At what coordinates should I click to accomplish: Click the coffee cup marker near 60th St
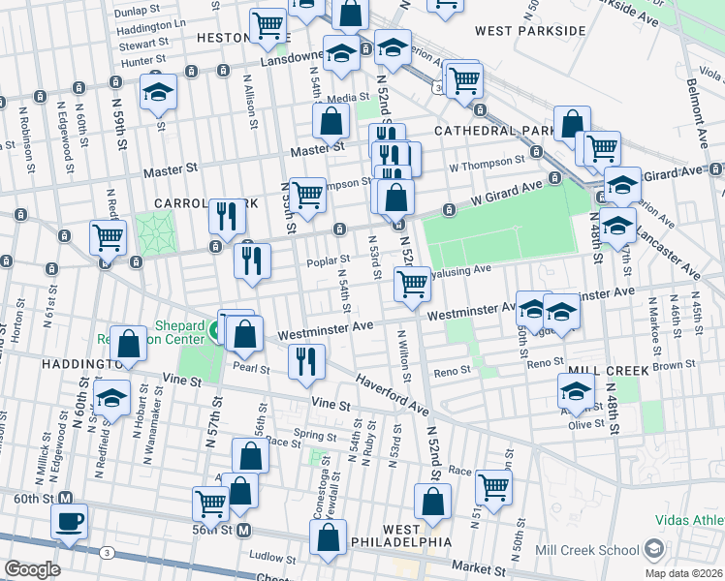[x=69, y=521]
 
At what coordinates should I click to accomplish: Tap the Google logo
[x=31, y=569]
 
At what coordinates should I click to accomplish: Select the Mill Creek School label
[x=594, y=550]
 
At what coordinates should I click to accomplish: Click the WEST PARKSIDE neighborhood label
[x=530, y=31]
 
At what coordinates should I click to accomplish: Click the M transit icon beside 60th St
[x=66, y=499]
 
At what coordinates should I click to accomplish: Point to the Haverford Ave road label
[x=393, y=395]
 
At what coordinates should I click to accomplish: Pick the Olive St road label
[x=585, y=424]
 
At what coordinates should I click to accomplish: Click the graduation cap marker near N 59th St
[x=158, y=93]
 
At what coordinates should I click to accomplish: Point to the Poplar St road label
[x=328, y=260]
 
